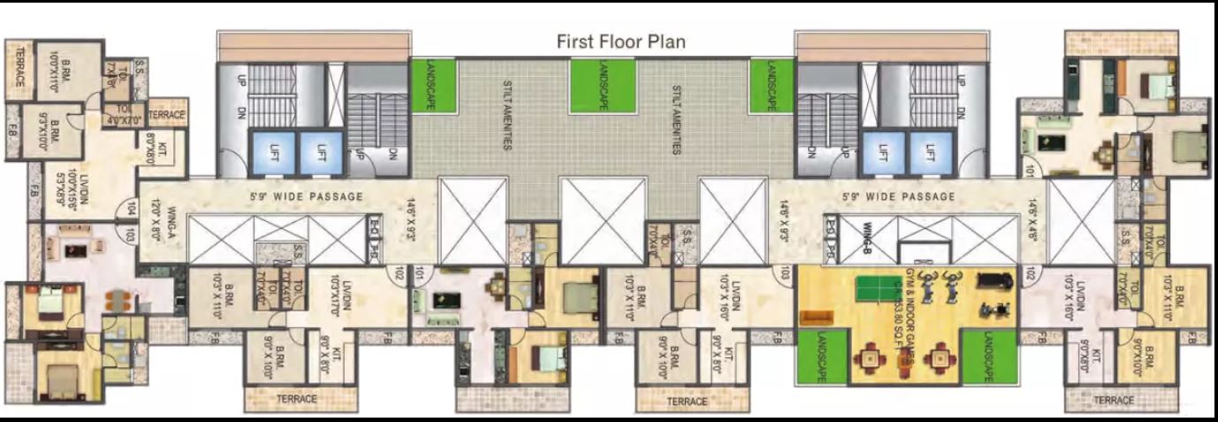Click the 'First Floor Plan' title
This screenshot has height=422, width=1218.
click(x=620, y=42)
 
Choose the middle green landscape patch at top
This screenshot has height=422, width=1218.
click(x=602, y=86)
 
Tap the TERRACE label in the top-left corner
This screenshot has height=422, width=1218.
click(x=19, y=67)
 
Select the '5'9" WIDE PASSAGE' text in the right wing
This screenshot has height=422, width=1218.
click(x=910, y=196)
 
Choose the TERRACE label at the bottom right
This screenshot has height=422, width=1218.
click(x=1114, y=401)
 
